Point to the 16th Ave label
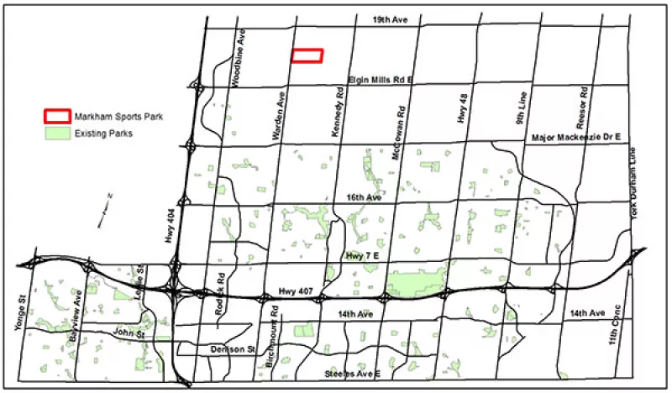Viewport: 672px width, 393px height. [x=363, y=197]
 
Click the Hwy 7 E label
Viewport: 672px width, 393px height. [x=363, y=254]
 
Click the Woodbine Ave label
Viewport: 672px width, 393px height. [x=241, y=50]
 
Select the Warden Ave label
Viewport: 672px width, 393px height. [x=273, y=110]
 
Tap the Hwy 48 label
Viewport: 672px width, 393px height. [x=463, y=110]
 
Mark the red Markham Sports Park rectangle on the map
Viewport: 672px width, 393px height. [x=307, y=55]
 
